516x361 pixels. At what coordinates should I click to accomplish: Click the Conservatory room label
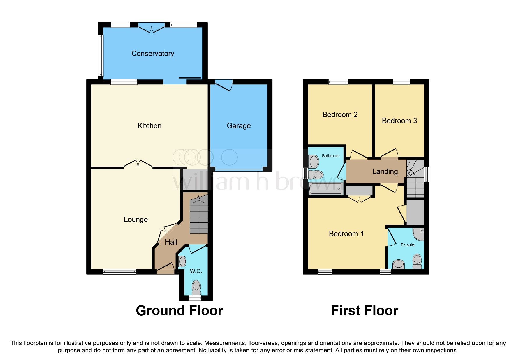[153, 54]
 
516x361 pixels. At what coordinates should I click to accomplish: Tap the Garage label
[239, 126]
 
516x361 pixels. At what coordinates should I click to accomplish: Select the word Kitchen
[149, 126]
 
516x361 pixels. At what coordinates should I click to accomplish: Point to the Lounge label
[136, 220]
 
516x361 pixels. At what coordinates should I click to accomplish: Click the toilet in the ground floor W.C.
[196, 288]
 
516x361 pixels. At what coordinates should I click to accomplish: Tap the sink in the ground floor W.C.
[182, 261]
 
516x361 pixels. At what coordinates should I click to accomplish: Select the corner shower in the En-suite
[419, 234]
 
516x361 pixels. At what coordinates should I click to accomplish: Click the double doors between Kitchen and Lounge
[138, 164]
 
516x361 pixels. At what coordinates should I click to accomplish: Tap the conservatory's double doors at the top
[151, 28]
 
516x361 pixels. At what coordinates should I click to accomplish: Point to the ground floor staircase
[199, 215]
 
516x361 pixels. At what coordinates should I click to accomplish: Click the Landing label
[385, 171]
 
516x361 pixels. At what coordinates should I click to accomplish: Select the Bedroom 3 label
[399, 121]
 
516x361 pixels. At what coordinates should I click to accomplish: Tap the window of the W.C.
[195, 298]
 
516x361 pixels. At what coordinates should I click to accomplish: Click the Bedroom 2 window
[338, 82]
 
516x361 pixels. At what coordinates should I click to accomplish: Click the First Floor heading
[364, 311]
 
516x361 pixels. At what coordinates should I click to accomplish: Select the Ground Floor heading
[179, 311]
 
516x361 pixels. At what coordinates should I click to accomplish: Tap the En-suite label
[408, 245]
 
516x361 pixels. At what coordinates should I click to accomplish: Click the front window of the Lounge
[119, 272]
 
